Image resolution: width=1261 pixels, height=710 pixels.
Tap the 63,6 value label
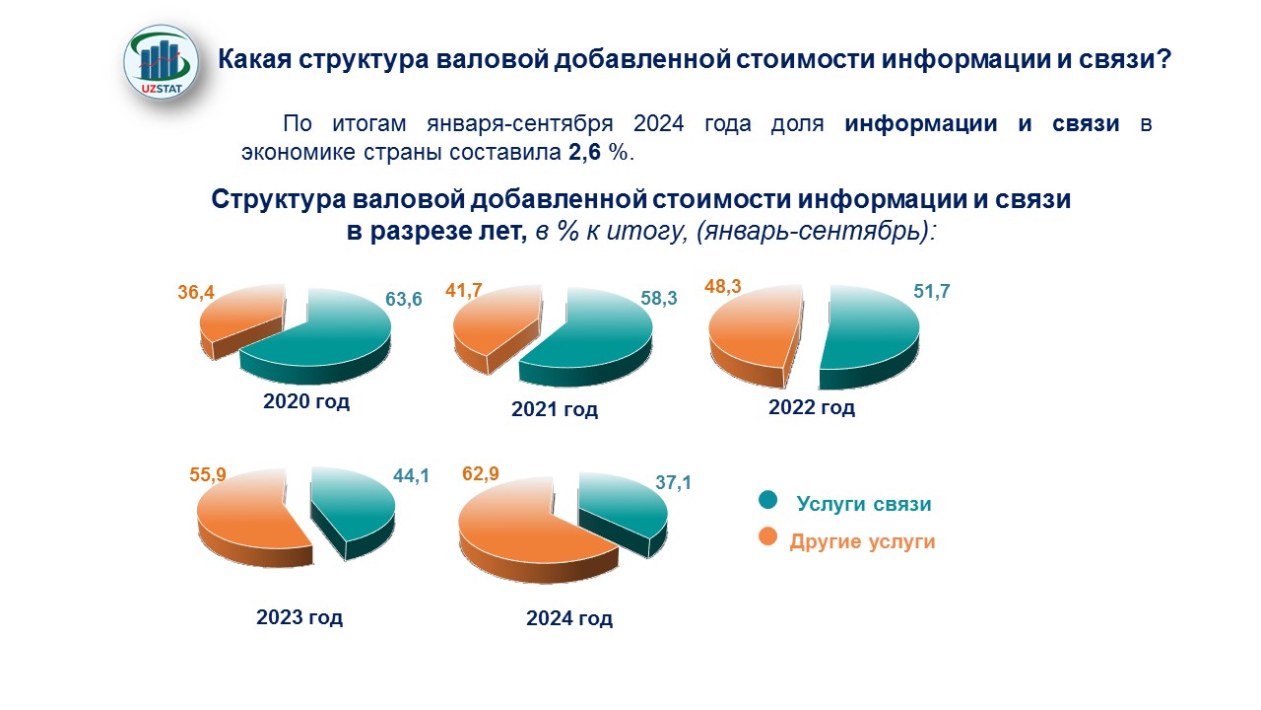pyautogui.click(x=403, y=299)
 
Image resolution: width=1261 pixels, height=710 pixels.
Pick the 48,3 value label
pyautogui.click(x=722, y=287)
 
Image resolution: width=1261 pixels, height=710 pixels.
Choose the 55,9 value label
pyautogui.click(x=207, y=475)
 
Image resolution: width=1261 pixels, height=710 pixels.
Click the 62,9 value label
pyautogui.click(x=481, y=475)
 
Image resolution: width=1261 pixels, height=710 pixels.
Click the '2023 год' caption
pyautogui.click(x=299, y=618)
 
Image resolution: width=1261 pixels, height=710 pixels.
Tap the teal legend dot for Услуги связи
pyautogui.click(x=767, y=501)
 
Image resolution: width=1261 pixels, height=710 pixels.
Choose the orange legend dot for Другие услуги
pyautogui.click(x=767, y=536)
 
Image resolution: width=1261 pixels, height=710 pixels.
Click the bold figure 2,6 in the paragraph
pyautogui.click(x=581, y=154)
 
